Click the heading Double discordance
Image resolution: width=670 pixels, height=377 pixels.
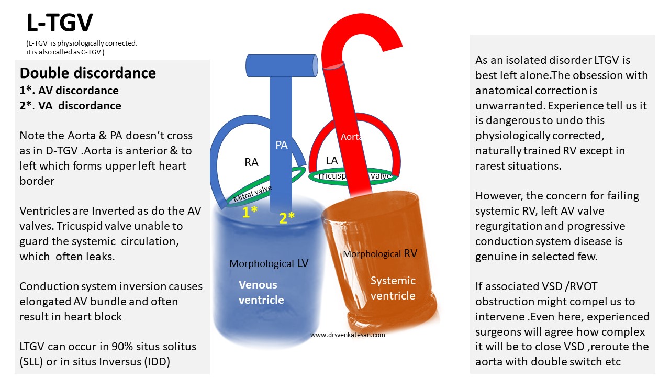click(x=87, y=73)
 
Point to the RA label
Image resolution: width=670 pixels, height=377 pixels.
click(x=251, y=162)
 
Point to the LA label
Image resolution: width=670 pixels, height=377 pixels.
click(x=332, y=161)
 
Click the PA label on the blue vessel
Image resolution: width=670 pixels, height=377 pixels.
click(x=282, y=145)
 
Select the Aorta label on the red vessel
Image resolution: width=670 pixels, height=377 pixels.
click(x=351, y=137)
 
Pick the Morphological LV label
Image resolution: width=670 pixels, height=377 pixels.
click(x=269, y=264)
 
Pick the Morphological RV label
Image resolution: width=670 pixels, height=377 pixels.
click(x=380, y=254)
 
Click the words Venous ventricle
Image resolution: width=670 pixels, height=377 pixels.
click(x=261, y=292)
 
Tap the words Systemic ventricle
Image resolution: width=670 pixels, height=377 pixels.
click(x=393, y=288)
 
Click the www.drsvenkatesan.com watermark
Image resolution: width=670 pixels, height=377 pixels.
click(x=348, y=335)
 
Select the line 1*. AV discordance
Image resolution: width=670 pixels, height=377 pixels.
click(x=69, y=91)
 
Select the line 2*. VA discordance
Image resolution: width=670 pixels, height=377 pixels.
click(x=70, y=105)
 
